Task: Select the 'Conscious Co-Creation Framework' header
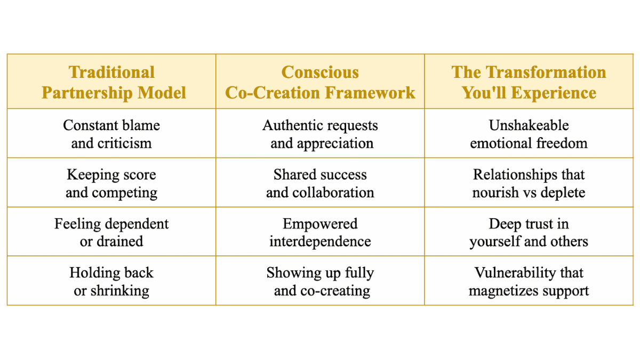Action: [320, 82]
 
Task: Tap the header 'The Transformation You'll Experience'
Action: [529, 82]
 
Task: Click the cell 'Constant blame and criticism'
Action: [111, 134]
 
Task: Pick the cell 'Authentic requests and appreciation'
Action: [320, 134]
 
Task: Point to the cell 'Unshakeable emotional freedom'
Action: [529, 134]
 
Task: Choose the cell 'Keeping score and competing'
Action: [111, 183]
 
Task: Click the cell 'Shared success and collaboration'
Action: [320, 183]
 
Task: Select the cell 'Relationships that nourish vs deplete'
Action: [529, 183]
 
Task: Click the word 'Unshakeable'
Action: [529, 125]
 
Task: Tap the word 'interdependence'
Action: [320, 242]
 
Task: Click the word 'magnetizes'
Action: [503, 291]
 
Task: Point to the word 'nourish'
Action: [495, 193]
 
